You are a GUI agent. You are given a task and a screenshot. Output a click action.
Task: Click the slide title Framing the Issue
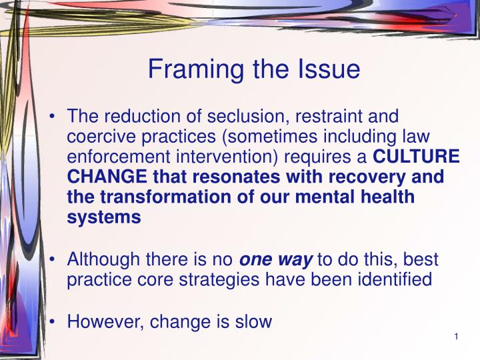click(x=253, y=69)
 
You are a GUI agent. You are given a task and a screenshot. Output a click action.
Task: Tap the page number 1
click(x=455, y=337)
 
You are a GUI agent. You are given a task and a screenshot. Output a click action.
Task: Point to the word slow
click(x=254, y=322)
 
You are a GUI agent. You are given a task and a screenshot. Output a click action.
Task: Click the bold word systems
click(x=104, y=217)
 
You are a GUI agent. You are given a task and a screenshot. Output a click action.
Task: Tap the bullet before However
click(x=52, y=323)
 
